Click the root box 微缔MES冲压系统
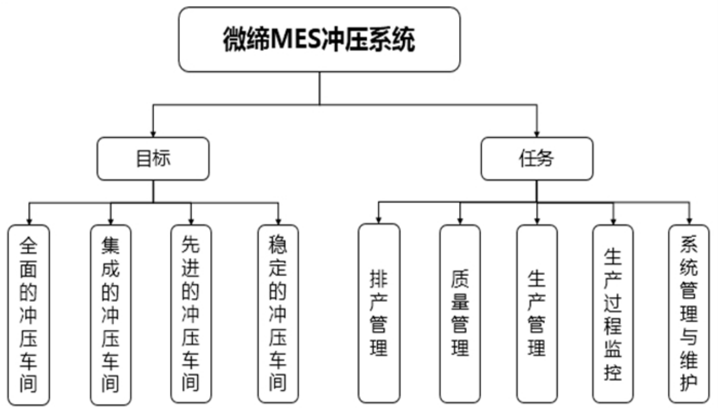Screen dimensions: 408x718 319,39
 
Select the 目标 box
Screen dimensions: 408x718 153,158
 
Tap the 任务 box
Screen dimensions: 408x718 537,158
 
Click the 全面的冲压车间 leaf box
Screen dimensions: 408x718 29,314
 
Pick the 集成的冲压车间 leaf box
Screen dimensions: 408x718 110,314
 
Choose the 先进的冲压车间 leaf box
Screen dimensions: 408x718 191,314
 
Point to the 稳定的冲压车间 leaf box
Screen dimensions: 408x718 278,314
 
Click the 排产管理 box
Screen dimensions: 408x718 379,313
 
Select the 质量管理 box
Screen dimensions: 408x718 460,313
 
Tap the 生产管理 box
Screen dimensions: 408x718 537,313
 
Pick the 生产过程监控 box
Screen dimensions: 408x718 613,313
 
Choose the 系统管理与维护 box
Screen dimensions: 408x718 689,313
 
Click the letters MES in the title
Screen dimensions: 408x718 295,39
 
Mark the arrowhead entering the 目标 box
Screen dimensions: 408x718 153,134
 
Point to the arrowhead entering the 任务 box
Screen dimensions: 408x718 537,134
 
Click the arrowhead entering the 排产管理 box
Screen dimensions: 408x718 379,220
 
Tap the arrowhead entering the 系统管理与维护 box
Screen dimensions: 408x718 689,221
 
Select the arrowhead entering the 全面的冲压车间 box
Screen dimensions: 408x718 29,221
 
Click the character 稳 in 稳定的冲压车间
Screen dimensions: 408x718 278,244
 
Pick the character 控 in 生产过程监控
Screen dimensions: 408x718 613,372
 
